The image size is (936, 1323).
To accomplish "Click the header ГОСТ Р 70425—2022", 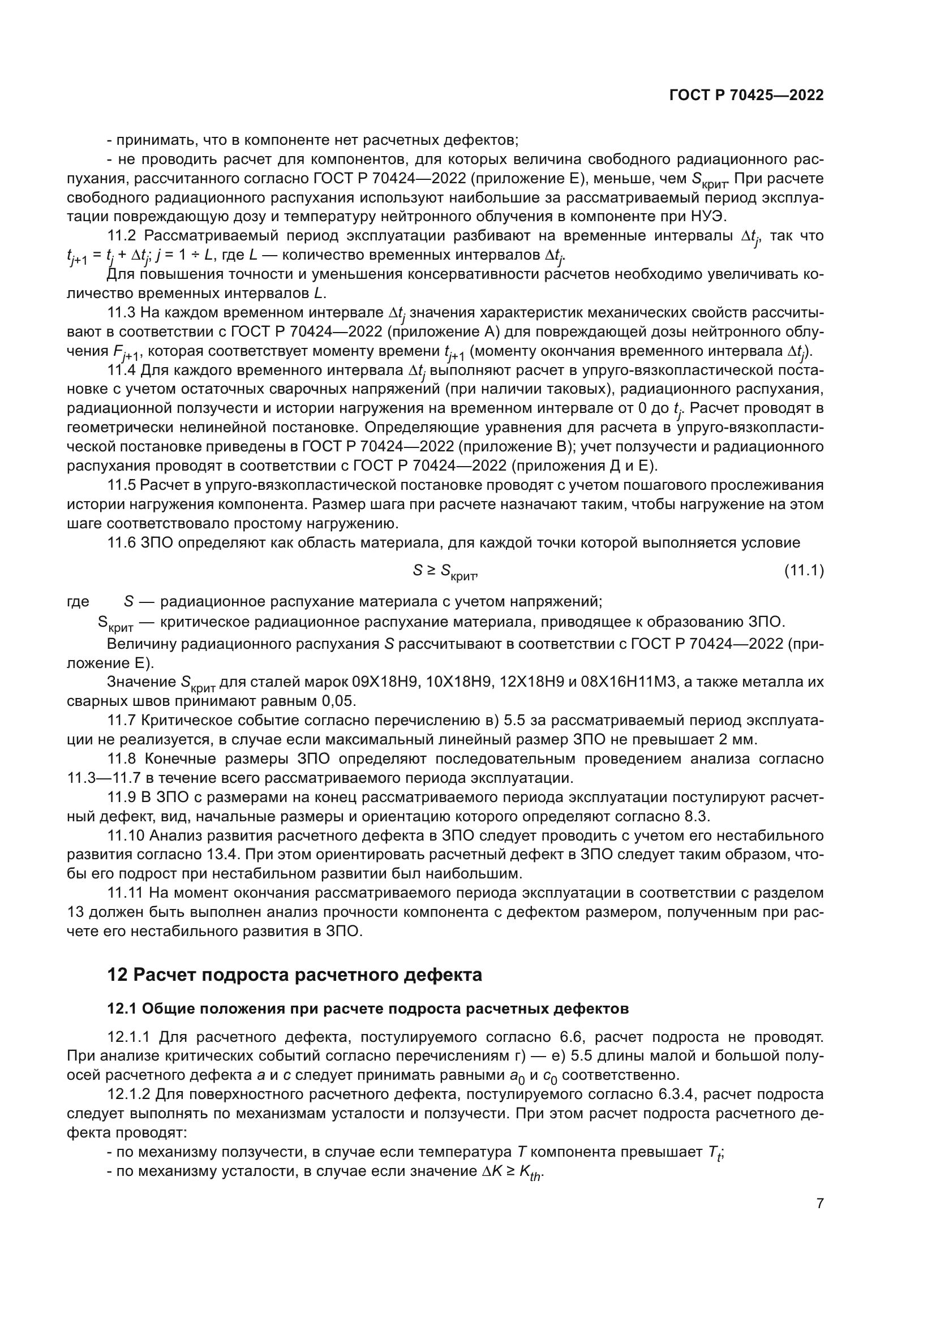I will pos(746,96).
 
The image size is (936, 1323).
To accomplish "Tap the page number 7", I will pos(819,1203).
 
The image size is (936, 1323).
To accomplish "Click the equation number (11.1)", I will pos(804,571).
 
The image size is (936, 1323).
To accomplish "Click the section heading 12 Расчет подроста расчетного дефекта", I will pos(294,975).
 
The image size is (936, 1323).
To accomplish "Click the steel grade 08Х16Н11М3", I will pos(637,682).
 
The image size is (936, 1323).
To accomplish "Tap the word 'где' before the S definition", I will pos(79,602).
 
